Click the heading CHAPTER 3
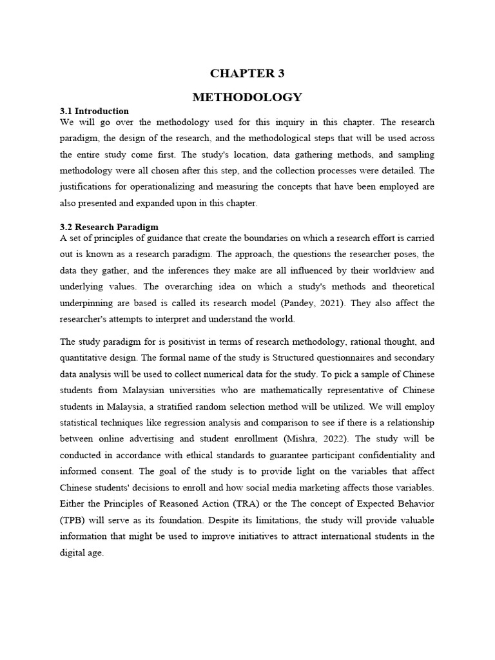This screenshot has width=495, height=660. point(247,73)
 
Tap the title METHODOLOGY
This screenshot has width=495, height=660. point(247,97)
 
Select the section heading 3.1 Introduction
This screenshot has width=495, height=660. point(94,111)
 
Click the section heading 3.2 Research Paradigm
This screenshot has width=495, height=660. point(109,227)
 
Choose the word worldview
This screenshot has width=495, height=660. point(378,270)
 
